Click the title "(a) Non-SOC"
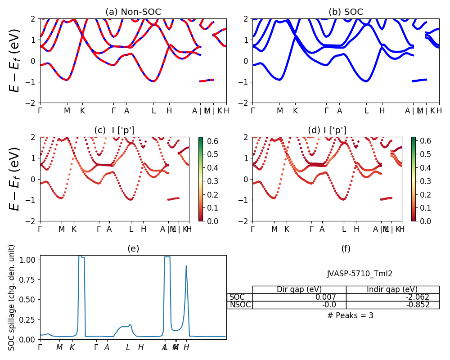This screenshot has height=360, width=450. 133,12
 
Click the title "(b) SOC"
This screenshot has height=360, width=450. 346,12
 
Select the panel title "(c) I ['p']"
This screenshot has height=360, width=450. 114,130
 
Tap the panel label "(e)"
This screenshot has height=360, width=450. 133,248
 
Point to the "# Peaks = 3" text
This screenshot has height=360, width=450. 350,315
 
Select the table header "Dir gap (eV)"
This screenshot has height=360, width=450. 299,289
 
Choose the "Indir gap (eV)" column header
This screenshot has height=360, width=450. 392,289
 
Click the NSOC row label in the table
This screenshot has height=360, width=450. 240,305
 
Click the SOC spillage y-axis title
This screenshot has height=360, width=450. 12,297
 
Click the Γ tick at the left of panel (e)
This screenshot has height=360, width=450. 40,347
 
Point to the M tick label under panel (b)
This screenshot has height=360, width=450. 280,111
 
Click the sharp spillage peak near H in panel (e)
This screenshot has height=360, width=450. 186,266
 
